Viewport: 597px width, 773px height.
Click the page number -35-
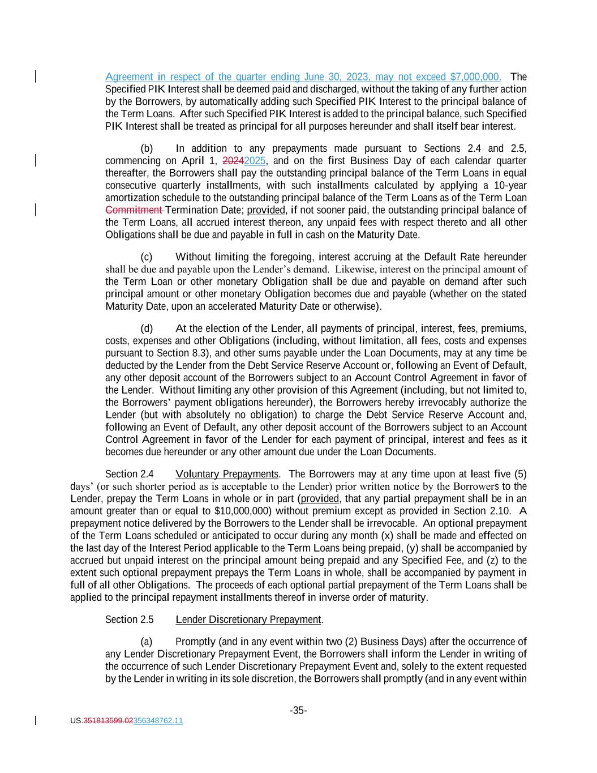pyautogui.click(x=298, y=711)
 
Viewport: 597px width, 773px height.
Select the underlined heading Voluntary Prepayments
pyautogui.click(x=227, y=474)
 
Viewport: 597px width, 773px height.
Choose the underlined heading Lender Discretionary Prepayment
pyautogui.click(x=248, y=620)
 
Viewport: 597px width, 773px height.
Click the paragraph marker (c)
pyautogui.click(x=146, y=257)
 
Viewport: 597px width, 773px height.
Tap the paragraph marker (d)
pyautogui.click(x=147, y=328)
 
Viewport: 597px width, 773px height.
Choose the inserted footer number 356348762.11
pyautogui.click(x=158, y=721)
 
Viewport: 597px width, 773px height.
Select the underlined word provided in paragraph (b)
pyautogui.click(x=266, y=210)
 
